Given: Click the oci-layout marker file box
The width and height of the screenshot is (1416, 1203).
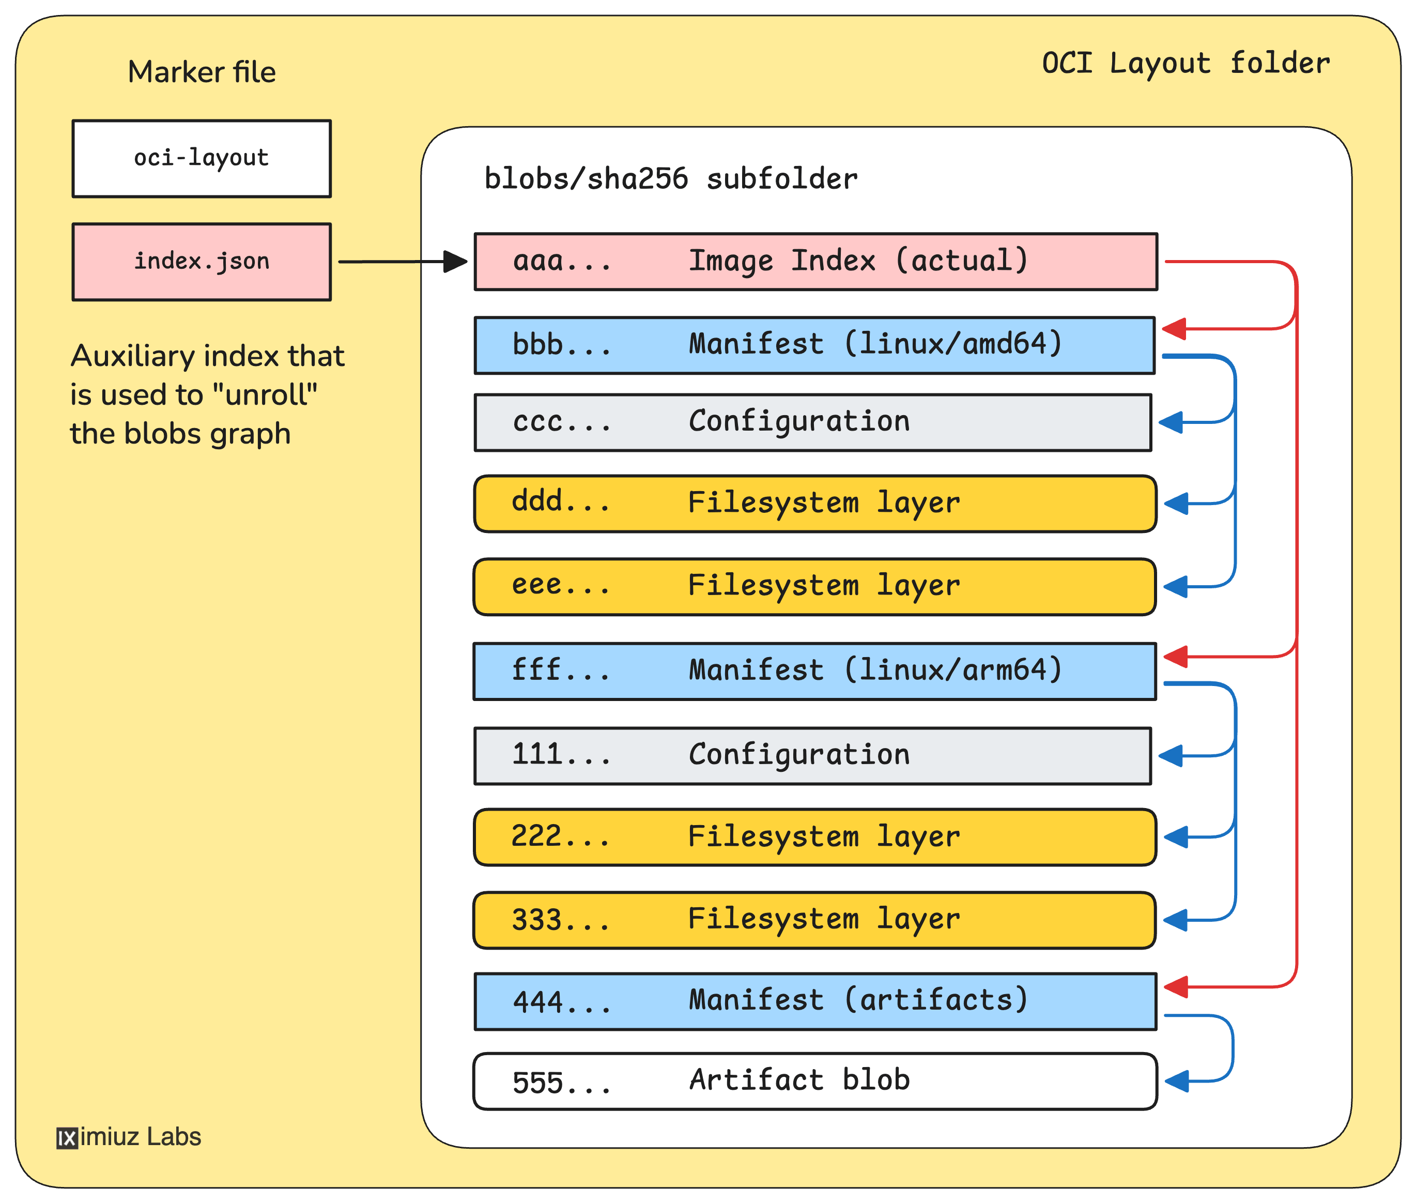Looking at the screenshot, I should coord(202,159).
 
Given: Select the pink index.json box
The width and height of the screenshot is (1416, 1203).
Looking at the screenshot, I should coord(202,262).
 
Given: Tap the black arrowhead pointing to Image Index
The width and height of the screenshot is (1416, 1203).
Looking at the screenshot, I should coord(455,261).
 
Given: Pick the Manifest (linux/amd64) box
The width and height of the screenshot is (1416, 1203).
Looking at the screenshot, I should coord(814,345).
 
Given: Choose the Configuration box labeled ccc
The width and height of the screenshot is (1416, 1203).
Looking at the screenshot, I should coord(812,422).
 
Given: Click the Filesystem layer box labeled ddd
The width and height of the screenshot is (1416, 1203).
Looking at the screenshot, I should coord(814,504).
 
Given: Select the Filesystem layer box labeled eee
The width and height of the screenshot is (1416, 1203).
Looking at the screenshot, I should coord(814,586).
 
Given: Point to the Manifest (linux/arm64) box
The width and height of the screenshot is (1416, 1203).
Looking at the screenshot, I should coord(814,671).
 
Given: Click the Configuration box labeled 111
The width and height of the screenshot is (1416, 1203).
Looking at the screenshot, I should coord(812,756).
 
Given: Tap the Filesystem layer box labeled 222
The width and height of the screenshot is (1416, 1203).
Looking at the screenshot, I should coord(814,837).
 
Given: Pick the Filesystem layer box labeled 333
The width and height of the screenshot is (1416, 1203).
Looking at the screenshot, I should coord(814,920).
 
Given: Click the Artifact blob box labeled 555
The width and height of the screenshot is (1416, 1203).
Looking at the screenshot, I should coord(814,1082).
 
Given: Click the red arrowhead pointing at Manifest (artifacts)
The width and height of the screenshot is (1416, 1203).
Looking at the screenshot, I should coord(1177,986).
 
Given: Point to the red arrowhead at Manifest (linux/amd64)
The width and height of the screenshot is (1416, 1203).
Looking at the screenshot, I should coord(1175,328).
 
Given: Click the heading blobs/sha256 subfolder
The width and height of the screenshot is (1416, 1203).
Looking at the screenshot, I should coord(671,179).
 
